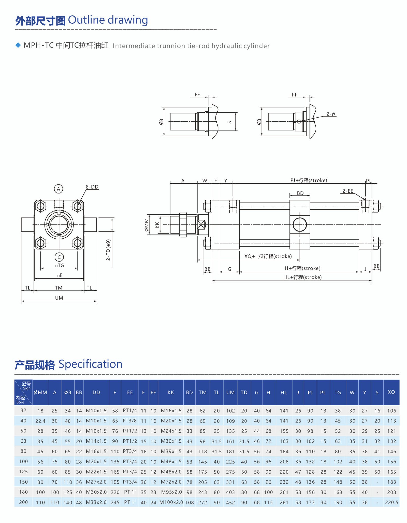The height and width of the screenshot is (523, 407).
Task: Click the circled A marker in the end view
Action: (59, 189)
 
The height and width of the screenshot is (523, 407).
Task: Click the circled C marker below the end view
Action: (59, 257)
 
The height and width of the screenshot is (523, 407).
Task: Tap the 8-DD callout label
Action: (92, 187)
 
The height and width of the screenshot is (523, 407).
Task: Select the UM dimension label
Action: (59, 298)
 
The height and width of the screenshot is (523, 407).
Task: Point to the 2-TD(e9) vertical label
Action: (108, 250)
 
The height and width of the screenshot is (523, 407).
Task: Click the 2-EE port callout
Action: (347, 191)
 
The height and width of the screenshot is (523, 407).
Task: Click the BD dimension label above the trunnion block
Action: (300, 193)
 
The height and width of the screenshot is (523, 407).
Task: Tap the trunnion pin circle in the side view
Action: (300, 224)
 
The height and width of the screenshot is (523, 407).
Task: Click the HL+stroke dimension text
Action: (302, 277)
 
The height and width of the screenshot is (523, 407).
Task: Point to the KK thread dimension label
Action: (157, 225)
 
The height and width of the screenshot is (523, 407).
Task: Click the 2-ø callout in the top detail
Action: (331, 114)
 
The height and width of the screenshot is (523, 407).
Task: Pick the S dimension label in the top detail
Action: (229, 122)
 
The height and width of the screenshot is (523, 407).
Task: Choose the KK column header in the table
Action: (171, 392)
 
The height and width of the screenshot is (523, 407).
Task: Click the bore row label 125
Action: (23, 471)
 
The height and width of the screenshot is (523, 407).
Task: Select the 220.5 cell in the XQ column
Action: (391, 502)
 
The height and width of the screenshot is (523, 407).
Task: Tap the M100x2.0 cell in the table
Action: (171, 502)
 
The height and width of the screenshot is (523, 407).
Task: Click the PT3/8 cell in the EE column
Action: (130, 420)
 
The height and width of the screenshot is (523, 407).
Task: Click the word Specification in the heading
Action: (90, 364)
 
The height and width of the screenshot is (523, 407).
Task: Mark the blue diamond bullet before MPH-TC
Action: (18, 45)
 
